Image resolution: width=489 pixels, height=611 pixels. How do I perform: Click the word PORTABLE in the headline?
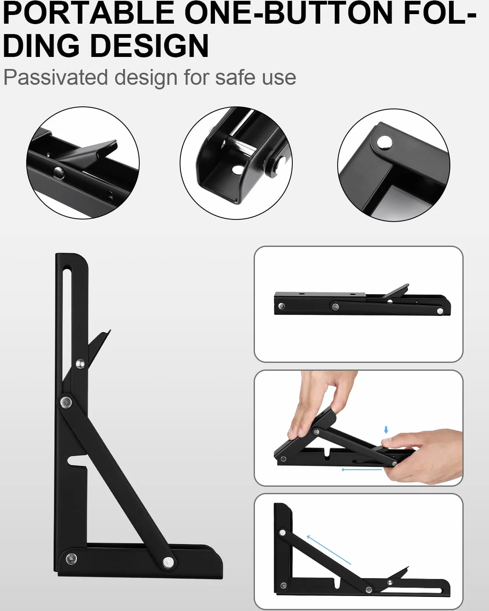pyautogui.click(x=89, y=14)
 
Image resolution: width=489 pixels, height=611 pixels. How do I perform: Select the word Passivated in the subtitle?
pyautogui.click(x=55, y=77)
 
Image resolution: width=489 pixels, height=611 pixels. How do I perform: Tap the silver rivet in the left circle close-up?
pyautogui.click(x=59, y=172)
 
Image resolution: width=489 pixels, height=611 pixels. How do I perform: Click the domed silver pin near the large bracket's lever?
pyautogui.click(x=80, y=363)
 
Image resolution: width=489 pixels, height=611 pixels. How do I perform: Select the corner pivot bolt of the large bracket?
pyautogui.click(x=71, y=558)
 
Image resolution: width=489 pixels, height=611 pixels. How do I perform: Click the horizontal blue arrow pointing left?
pyautogui.click(x=361, y=470)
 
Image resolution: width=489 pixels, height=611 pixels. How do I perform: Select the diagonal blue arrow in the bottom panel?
pyautogui.click(x=329, y=549)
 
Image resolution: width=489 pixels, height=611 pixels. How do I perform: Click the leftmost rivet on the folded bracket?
pyautogui.click(x=282, y=306)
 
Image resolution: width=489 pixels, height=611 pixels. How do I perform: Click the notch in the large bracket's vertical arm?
pyautogui.click(x=77, y=461)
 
